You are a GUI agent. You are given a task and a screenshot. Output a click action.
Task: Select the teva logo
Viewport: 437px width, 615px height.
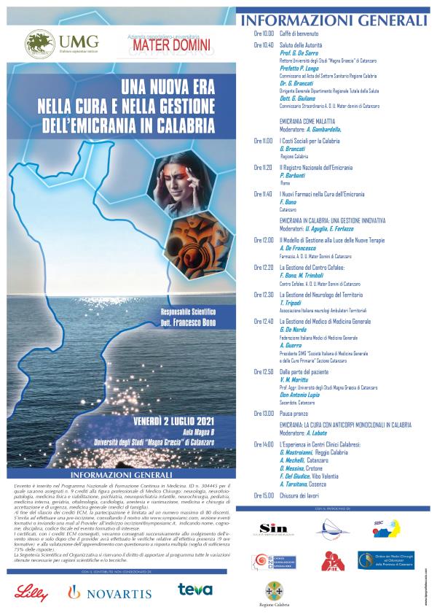[x=194, y=589]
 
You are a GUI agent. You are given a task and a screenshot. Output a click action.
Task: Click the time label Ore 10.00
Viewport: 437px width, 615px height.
[x=264, y=34]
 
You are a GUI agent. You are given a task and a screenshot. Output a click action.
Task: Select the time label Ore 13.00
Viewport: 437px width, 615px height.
[x=264, y=413]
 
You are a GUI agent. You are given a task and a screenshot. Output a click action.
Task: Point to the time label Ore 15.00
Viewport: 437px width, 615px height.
[x=264, y=495]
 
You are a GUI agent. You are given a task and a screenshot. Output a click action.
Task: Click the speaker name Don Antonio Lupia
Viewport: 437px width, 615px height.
[x=302, y=396]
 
